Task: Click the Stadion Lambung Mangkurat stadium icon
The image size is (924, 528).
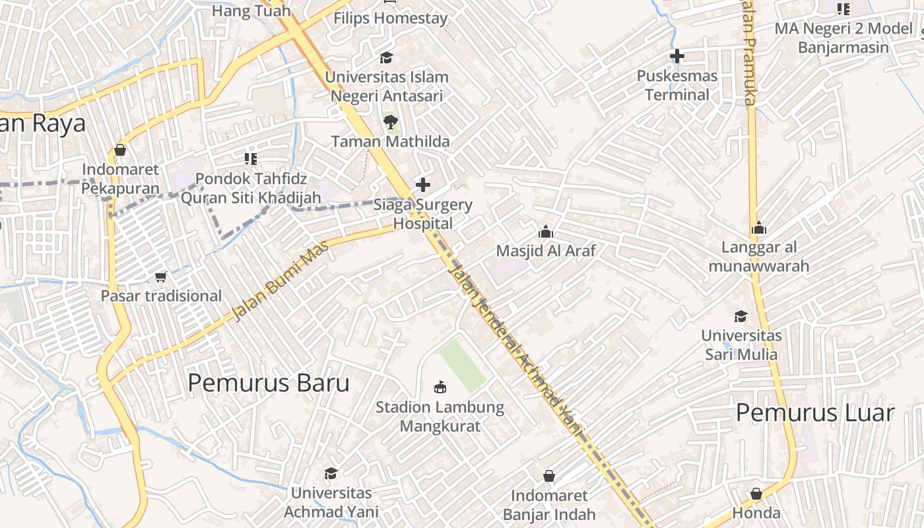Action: pos(440,386)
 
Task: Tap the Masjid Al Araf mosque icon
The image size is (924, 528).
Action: pos(546,232)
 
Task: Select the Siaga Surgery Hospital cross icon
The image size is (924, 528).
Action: pos(423,185)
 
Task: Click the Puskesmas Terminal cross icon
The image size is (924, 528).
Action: pos(676,56)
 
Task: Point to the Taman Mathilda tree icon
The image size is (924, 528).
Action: pos(390,121)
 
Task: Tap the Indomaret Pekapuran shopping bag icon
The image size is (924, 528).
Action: pos(120,150)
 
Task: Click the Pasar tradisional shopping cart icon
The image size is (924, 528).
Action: pos(160,276)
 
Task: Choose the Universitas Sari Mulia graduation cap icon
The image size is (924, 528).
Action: pos(741,316)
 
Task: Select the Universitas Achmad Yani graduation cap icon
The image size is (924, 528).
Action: pos(331,473)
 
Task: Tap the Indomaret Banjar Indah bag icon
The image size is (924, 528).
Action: pos(548,475)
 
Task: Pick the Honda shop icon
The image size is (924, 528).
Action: pos(756,494)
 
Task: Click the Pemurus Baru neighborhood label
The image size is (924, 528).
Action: pos(269,383)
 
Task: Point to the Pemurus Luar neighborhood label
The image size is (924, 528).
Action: pos(814,413)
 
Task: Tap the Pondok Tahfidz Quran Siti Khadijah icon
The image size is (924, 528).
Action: pos(250,158)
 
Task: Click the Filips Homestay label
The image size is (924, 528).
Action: pos(390,18)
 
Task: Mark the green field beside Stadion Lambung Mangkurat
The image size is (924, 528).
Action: pos(463,364)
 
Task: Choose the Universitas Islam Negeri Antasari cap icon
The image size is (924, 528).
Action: pos(385,57)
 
